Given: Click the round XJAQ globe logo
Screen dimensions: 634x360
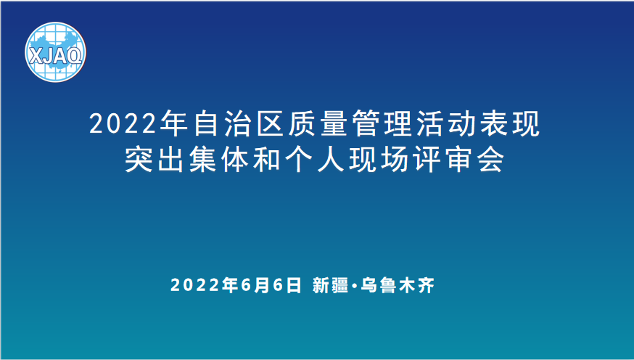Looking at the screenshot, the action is tap(55, 52).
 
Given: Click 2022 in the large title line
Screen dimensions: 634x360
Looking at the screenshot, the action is tap(123, 124).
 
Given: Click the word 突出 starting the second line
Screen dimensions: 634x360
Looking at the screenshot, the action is tap(155, 160).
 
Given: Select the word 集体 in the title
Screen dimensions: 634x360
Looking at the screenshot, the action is tap(218, 160).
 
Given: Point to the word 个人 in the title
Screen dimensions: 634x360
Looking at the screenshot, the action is tap(315, 160).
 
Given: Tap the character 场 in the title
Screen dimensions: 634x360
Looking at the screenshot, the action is tap(395, 160).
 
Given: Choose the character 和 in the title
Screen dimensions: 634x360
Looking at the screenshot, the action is tap(266, 160).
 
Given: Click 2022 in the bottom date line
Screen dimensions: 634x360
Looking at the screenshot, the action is tap(195, 285).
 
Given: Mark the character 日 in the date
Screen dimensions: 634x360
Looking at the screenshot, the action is tap(294, 285).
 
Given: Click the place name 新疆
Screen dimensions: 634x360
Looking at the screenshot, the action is tap(329, 285).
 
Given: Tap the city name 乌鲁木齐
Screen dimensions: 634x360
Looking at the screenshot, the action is tap(397, 285).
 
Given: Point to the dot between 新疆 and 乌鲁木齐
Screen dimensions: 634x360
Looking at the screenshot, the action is tap(354, 286).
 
